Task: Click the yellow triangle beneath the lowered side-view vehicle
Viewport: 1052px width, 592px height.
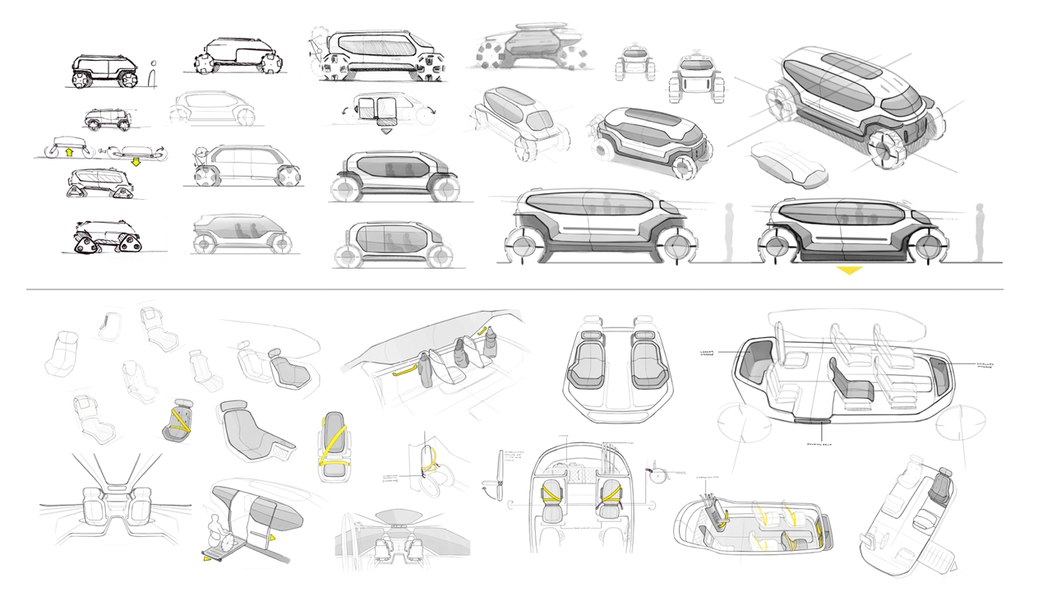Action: coord(848,270)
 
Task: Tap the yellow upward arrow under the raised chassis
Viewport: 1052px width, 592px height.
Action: coord(70,151)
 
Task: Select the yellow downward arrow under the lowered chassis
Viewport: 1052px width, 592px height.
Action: coord(135,161)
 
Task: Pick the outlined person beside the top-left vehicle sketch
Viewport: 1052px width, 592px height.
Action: coord(153,75)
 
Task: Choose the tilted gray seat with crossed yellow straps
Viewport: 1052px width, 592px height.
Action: coord(178,421)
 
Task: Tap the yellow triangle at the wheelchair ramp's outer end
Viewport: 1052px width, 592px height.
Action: coord(206,559)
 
